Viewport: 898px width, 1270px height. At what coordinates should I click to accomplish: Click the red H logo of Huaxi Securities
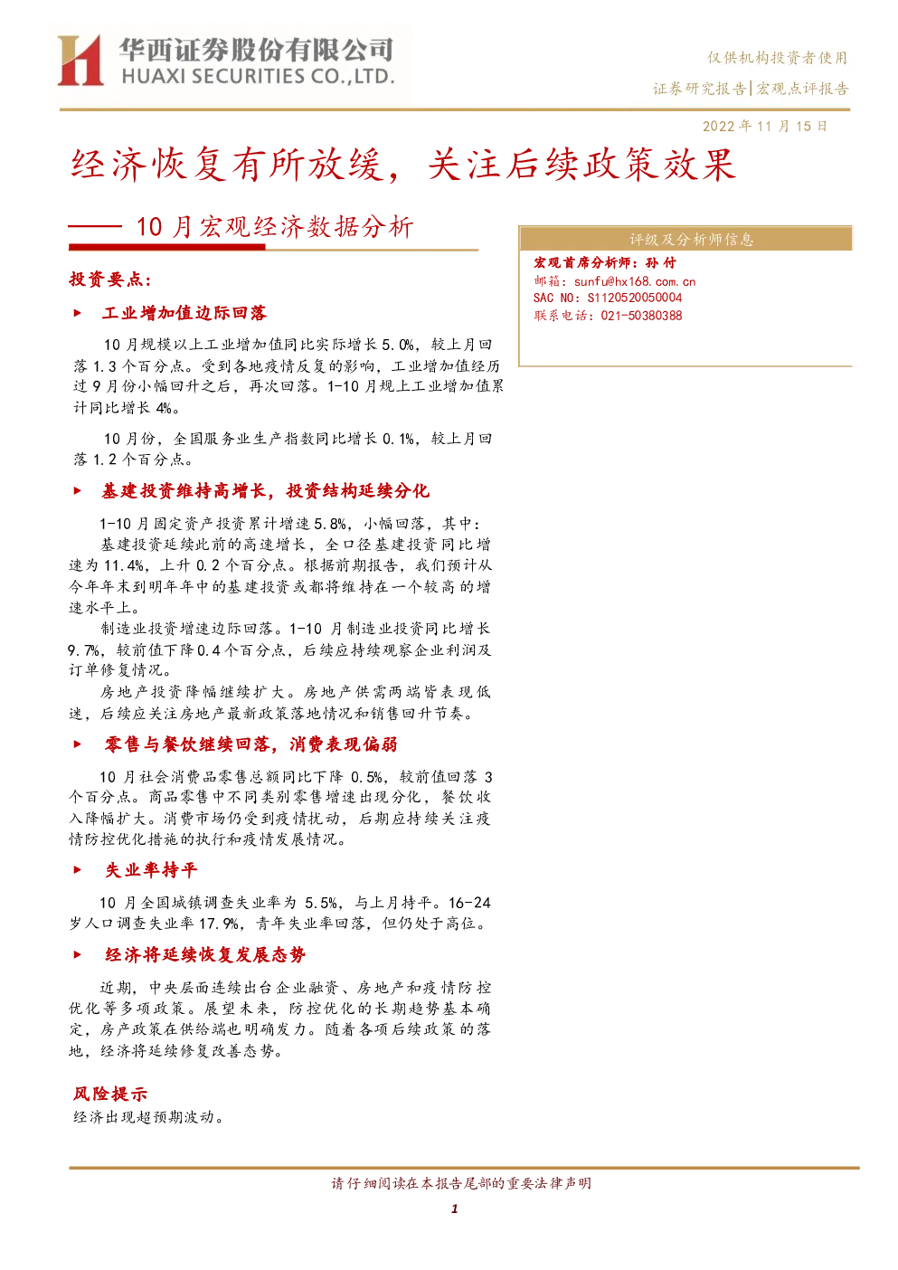point(80,60)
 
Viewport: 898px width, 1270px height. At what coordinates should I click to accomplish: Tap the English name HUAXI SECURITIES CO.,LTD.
point(258,77)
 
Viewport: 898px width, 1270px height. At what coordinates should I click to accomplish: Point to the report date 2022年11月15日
point(764,126)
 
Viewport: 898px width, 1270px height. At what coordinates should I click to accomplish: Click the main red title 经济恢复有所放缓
point(227,165)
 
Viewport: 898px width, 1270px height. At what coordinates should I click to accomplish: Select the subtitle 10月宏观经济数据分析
point(275,227)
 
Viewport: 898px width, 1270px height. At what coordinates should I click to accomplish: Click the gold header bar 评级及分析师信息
point(685,239)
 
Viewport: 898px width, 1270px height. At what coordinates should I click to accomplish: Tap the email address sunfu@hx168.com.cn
point(634,281)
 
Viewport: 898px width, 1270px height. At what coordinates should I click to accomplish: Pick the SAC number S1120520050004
point(634,298)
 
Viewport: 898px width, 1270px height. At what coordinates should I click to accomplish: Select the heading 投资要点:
point(110,279)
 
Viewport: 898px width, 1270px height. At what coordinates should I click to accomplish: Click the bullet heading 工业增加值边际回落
point(184,313)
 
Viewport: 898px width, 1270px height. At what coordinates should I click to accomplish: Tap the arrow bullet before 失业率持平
point(78,869)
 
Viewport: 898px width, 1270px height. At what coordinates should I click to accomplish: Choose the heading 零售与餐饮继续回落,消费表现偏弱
point(251,744)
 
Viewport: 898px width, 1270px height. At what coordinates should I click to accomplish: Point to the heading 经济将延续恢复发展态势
point(205,955)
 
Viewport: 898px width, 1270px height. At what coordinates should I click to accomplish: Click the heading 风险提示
point(110,1094)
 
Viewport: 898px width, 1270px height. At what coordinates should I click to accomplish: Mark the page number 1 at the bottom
point(454,1208)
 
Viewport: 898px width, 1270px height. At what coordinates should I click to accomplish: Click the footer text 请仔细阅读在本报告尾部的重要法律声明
point(461,1183)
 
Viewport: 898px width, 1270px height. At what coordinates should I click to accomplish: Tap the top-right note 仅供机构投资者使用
point(777,57)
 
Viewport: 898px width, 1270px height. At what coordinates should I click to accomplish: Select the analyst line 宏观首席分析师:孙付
point(604,262)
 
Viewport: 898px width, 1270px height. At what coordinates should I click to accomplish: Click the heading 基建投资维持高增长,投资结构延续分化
point(265,491)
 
